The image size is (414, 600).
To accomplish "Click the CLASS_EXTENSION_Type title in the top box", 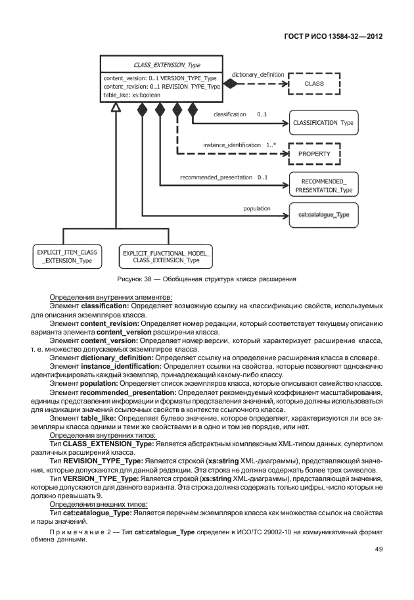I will pos(166,65).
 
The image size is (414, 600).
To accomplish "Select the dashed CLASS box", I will pos(313,84).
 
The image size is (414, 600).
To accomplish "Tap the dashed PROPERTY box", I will pos(314,153).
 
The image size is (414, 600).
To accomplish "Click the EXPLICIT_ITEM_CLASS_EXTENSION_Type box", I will pos(67,256).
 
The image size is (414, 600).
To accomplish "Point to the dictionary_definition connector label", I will pos(258,75).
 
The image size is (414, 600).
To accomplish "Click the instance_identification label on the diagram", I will pos(231,144).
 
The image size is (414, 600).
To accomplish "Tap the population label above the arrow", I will pos(256,208).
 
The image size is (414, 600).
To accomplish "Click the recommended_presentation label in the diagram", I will pos(216,177).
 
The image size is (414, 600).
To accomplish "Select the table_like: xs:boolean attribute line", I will pos(132,95).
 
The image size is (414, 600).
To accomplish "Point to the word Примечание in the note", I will pos(74,530).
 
